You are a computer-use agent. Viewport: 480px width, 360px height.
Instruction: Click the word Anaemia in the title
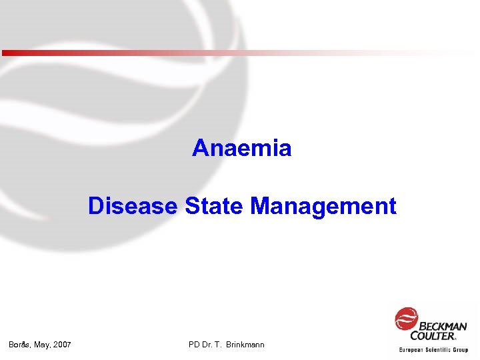pos(242,148)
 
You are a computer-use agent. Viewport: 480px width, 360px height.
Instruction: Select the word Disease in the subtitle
pos(133,206)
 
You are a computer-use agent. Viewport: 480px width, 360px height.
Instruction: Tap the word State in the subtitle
pos(214,206)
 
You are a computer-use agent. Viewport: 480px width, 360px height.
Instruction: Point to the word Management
pos(323,206)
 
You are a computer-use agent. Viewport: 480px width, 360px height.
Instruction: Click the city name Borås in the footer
pos(19,345)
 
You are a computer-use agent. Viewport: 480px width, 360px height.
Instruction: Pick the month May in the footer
pos(42,345)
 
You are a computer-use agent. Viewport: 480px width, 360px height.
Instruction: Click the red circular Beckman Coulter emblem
pos(406,319)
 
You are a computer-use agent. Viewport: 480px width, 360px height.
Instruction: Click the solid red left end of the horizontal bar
pos(8,53)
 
